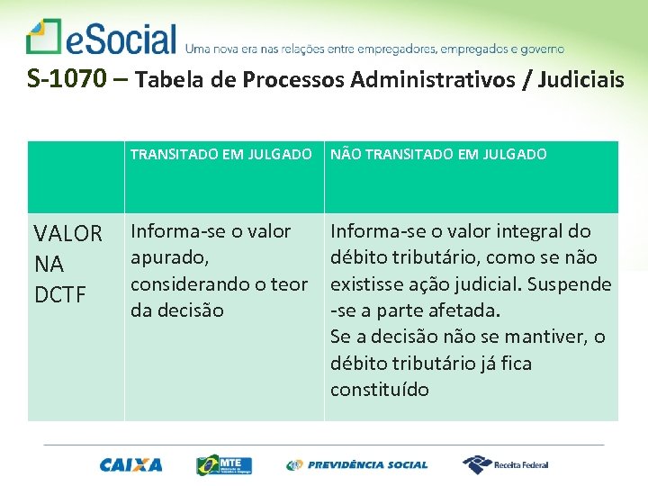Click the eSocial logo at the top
pyautogui.click(x=101, y=38)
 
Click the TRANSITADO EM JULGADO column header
pyautogui.click(x=220, y=154)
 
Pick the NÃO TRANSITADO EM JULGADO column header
pyautogui.click(x=438, y=154)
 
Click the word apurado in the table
pyautogui.click(x=169, y=257)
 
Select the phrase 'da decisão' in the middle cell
pyautogui.click(x=177, y=310)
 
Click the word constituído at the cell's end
pyautogui.click(x=379, y=390)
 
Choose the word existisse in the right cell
pyautogui.click(x=366, y=284)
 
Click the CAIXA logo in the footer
pyautogui.click(x=131, y=464)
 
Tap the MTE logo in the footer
pyautogui.click(x=224, y=464)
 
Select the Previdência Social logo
pyautogui.click(x=357, y=464)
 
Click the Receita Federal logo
pyautogui.click(x=506, y=464)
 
